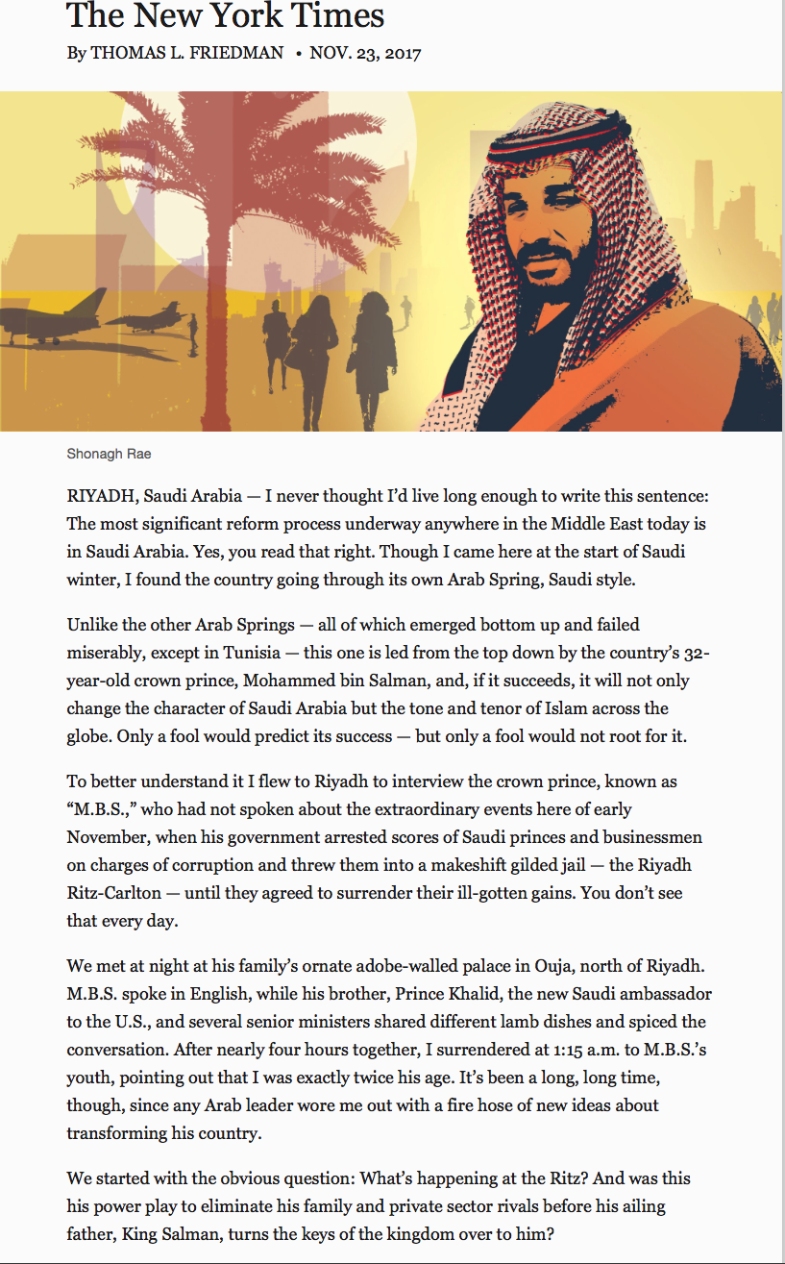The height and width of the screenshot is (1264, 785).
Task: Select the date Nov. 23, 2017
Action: pos(365,54)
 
